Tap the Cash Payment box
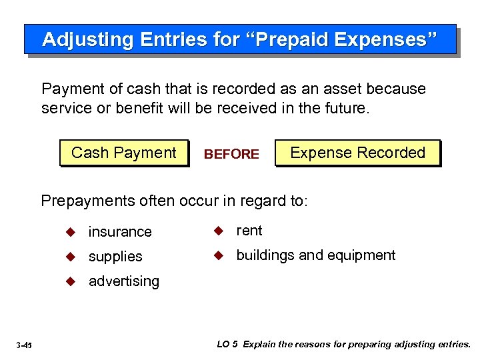pos(124,153)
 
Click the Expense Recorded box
pos(357,153)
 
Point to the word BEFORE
pos(231,154)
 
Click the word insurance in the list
pos(120,232)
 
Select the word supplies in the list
pos(115,257)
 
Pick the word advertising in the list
pos(124,281)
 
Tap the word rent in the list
pos(249,231)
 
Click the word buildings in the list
pos(265,255)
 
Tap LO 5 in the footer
pos(227,344)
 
